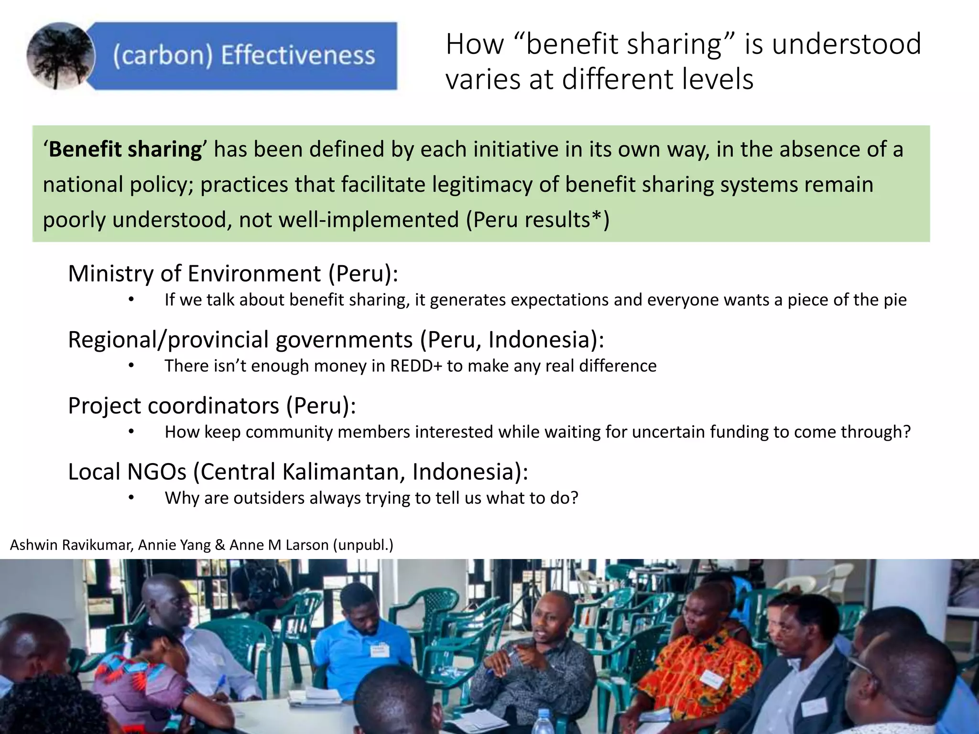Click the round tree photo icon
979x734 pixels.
(61, 56)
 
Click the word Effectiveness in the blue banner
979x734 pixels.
(297, 55)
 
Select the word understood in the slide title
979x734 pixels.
(846, 44)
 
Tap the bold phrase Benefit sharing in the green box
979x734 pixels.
(125, 149)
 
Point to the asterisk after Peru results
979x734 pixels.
(596, 218)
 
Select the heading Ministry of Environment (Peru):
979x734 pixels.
(233, 273)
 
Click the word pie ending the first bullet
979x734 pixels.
(895, 300)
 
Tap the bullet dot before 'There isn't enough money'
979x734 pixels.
(131, 366)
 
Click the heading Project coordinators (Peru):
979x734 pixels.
(212, 406)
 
